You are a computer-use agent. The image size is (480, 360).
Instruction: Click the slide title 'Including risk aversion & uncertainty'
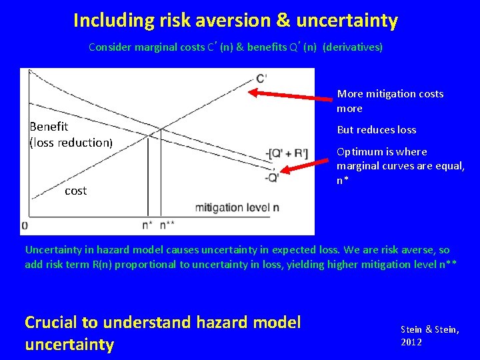tap(235, 21)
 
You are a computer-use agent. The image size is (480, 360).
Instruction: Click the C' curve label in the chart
tap(261, 78)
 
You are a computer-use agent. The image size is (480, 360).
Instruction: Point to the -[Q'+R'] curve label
tap(287, 155)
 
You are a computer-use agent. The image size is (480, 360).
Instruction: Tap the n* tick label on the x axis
tap(147, 225)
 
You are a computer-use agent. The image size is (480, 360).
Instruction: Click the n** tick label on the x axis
tap(167, 225)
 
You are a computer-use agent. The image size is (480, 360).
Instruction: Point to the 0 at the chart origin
tap(24, 225)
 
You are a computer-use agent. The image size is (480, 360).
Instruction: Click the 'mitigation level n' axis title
tap(237, 208)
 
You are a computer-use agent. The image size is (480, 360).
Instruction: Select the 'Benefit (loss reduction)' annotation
tap(71, 134)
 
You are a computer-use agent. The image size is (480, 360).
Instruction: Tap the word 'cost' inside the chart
tap(75, 191)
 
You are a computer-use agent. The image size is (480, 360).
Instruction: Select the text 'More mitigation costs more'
tap(390, 101)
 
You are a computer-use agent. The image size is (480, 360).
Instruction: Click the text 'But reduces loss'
tap(376, 130)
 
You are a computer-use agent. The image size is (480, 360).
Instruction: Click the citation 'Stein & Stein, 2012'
tap(429, 335)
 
